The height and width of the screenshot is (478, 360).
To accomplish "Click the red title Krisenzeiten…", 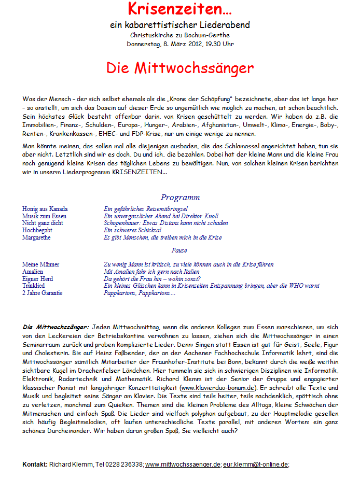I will pos(180,9).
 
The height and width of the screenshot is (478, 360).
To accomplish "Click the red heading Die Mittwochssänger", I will pos(180,68).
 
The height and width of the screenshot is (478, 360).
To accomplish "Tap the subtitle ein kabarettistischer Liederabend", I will pos(180,25).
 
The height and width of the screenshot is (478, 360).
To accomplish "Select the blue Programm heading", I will pos(180,198).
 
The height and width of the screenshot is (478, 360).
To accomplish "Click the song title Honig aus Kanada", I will pos(45,209).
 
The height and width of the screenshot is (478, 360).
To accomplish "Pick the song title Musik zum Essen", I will pos(44,216).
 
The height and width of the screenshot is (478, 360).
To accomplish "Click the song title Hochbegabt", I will pos(37,230).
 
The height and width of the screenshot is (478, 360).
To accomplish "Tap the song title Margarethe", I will pos(36,237).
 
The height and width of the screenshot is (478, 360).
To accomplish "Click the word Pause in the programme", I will pos(179,250).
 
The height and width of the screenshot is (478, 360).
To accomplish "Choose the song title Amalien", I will pos(33,272).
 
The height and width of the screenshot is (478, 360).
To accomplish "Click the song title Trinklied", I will pos(34,286).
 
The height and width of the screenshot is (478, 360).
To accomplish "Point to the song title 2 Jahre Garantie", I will pos(42,293).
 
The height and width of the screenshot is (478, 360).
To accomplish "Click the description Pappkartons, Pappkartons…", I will pos(140,293).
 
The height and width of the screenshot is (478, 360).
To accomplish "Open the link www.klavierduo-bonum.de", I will pos(218,388).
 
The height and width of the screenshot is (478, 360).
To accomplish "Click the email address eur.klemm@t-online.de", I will pos(255,464).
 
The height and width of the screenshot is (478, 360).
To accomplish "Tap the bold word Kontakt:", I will pos(35,464).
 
